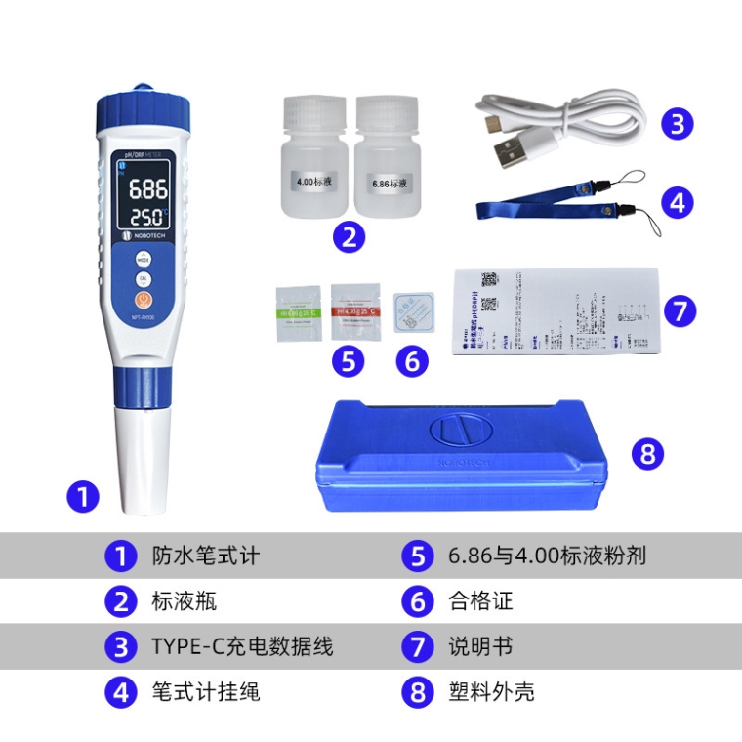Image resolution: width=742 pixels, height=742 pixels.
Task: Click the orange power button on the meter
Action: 143,300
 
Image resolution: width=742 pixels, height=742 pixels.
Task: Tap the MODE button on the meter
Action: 143,260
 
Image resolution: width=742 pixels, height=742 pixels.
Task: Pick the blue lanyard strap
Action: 537,208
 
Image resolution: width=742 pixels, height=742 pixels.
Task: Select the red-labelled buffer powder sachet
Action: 355,310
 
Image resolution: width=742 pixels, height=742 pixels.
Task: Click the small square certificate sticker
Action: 413,313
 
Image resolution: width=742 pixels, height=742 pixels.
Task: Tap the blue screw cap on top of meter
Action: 139,110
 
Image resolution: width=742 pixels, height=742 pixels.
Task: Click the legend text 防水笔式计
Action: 205,556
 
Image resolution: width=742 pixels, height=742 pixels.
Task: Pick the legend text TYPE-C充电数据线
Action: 241,646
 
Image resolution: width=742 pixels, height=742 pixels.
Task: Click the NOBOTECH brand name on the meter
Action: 148,235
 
